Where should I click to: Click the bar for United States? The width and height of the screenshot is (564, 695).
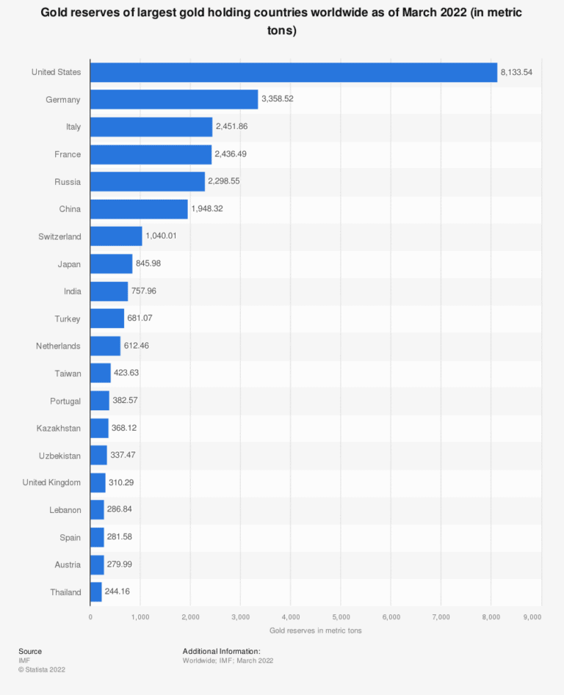(294, 72)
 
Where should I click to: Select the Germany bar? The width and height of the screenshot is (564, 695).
(174, 99)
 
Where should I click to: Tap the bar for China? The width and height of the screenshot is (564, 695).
(139, 209)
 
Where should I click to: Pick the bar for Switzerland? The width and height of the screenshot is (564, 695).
(116, 236)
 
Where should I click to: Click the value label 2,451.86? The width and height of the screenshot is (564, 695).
(231, 126)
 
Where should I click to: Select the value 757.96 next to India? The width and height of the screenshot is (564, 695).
(144, 291)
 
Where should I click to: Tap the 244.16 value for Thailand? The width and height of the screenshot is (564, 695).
(119, 592)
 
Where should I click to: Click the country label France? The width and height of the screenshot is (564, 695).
(68, 154)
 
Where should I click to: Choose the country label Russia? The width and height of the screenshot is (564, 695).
(68, 181)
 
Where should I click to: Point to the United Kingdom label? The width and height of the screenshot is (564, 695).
(51, 482)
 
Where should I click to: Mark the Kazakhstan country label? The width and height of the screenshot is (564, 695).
(59, 427)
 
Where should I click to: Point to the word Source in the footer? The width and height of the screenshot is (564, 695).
(30, 651)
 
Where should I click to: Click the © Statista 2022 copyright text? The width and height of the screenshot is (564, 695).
(42, 669)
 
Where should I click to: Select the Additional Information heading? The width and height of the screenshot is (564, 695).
(221, 651)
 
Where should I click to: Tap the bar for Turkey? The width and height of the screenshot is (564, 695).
(107, 318)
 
